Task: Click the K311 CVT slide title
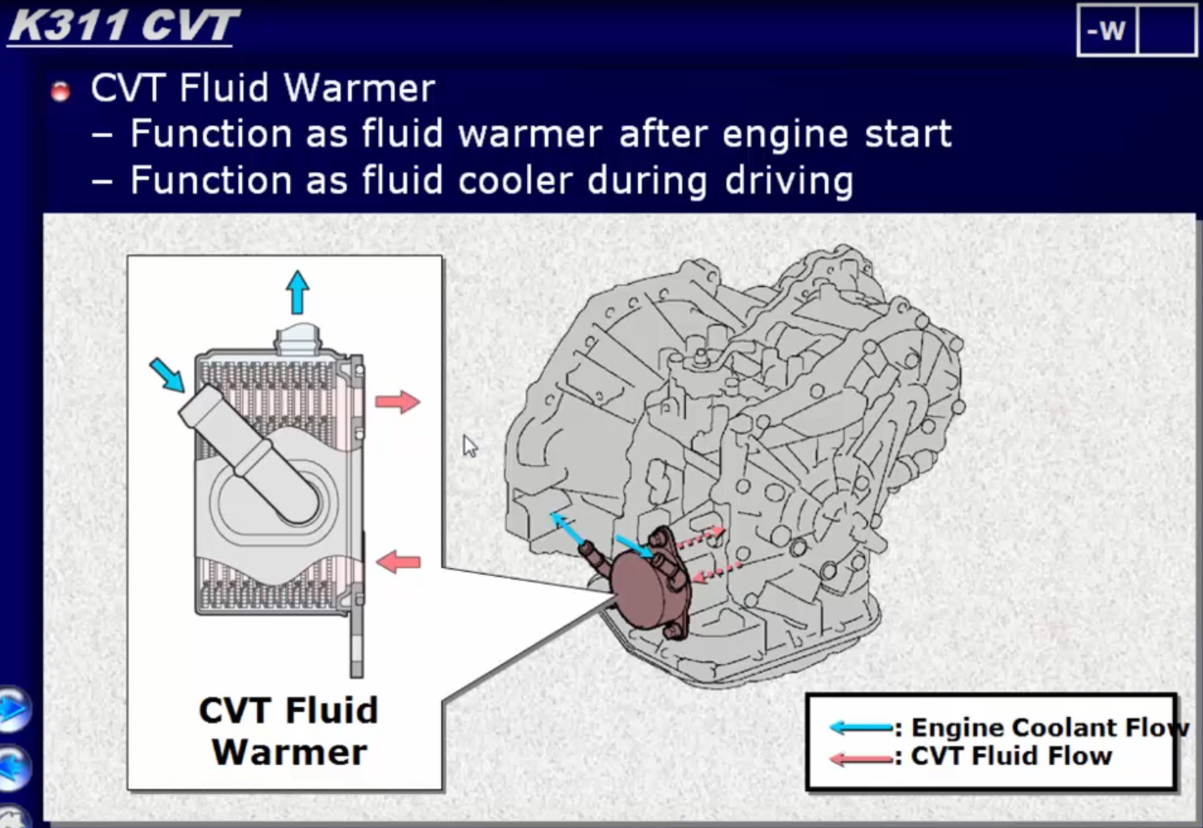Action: [x=124, y=26]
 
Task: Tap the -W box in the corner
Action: [x=1107, y=29]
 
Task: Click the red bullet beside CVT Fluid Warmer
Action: [x=61, y=92]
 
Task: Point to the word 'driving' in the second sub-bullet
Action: [x=789, y=181]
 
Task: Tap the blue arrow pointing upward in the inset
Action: [x=298, y=292]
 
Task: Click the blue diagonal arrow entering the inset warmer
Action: [x=167, y=375]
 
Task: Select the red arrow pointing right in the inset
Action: [x=398, y=402]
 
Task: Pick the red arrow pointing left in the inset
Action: [x=398, y=562]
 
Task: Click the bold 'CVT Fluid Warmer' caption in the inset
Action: [x=289, y=731]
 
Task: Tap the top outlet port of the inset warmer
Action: [x=298, y=340]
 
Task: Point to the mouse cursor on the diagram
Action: [x=469, y=446]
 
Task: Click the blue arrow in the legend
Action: [x=861, y=728]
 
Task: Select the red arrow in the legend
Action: [x=861, y=759]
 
